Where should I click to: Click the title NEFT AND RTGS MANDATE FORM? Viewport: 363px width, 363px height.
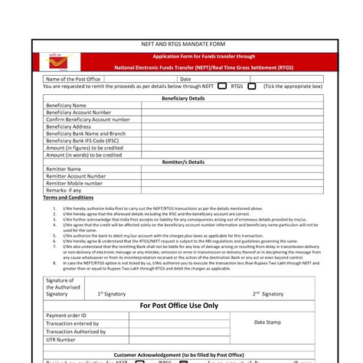(x=181, y=46)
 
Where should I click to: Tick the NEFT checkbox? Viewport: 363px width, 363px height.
(x=222, y=87)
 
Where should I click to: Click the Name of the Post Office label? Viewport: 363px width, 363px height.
(x=74, y=79)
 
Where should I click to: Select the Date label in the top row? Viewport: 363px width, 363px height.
(x=185, y=79)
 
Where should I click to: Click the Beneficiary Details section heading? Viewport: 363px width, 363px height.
(x=183, y=99)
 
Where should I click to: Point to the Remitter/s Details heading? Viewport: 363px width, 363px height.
(x=183, y=162)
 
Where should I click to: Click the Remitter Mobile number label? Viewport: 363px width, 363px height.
(x=74, y=183)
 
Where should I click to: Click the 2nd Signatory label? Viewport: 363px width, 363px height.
(x=267, y=293)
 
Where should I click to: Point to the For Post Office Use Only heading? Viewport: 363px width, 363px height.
(x=178, y=305)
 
